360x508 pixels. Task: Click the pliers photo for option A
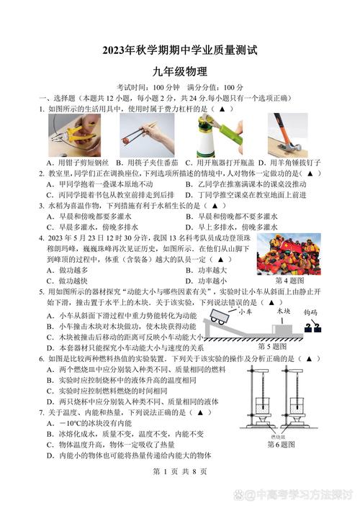pos(68,135)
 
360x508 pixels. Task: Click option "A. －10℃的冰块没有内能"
pos(89,423)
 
